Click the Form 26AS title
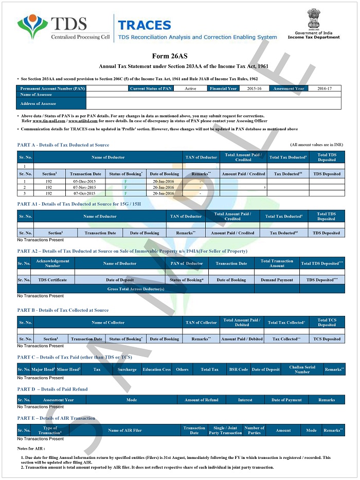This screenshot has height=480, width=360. point(179,56)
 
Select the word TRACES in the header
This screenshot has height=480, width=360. point(144,25)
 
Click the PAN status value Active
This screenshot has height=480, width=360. point(190,88)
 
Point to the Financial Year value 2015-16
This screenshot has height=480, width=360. point(254,88)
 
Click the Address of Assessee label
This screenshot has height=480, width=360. point(38,103)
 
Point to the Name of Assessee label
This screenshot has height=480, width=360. point(36,95)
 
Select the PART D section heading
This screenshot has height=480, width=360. point(52,389)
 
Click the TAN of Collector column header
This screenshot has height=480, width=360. point(201,323)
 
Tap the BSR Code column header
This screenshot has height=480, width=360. point(238,369)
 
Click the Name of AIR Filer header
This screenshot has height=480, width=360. point(124,430)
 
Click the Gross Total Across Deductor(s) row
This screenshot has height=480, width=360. point(136,289)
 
